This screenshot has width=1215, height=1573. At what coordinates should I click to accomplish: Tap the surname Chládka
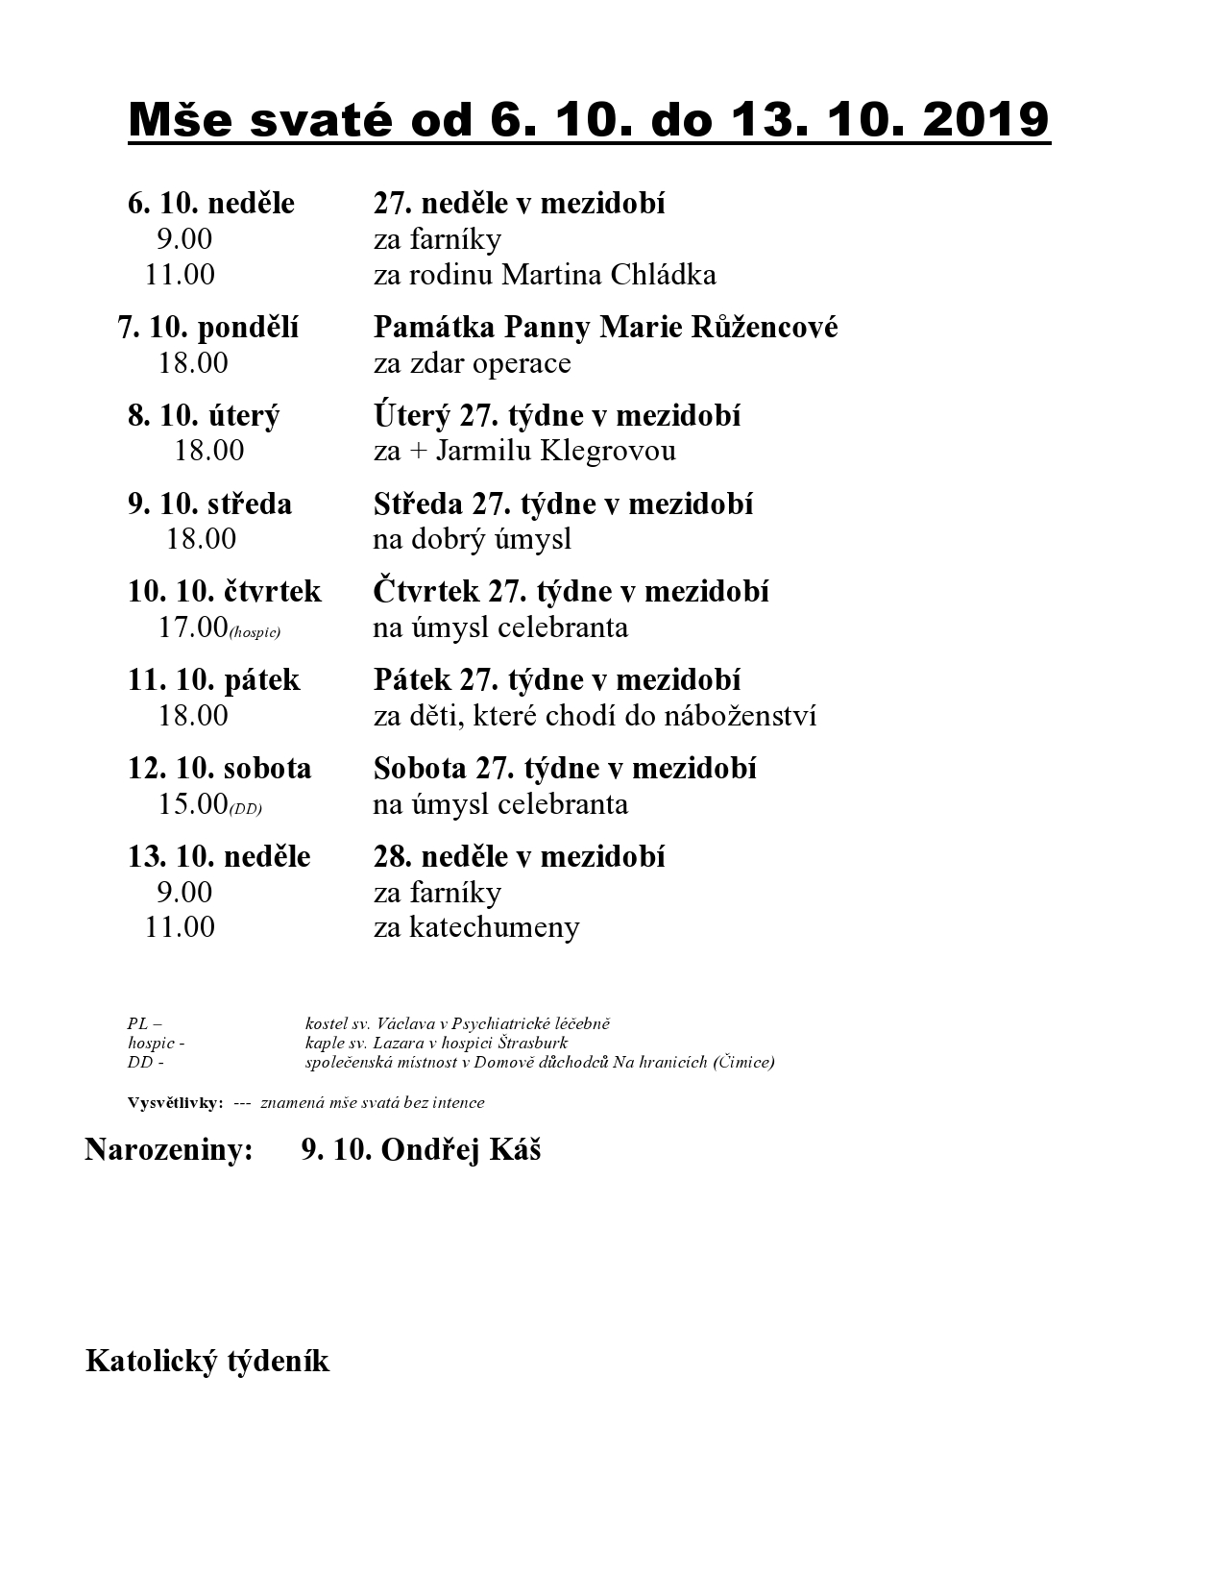click(x=663, y=275)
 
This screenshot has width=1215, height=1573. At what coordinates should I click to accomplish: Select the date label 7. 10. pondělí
click(x=208, y=328)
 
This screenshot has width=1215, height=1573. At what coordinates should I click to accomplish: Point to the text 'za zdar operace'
click(x=472, y=363)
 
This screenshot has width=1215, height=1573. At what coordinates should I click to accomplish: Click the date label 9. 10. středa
click(x=209, y=504)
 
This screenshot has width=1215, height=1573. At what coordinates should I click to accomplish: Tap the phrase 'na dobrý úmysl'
click(x=472, y=539)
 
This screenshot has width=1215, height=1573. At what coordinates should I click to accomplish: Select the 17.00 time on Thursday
click(x=192, y=627)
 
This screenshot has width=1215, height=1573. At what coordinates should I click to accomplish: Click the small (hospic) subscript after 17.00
click(x=255, y=633)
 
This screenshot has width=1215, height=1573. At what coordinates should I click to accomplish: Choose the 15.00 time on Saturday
click(x=192, y=804)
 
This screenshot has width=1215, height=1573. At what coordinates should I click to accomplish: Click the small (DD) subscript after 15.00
click(x=245, y=810)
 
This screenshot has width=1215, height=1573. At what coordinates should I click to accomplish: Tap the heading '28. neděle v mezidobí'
click(x=519, y=856)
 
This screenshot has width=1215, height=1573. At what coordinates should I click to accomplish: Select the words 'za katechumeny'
click(x=476, y=927)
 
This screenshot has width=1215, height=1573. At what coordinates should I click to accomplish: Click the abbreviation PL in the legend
click(x=137, y=1024)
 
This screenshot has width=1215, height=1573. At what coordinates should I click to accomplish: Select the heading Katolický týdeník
click(x=207, y=1362)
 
